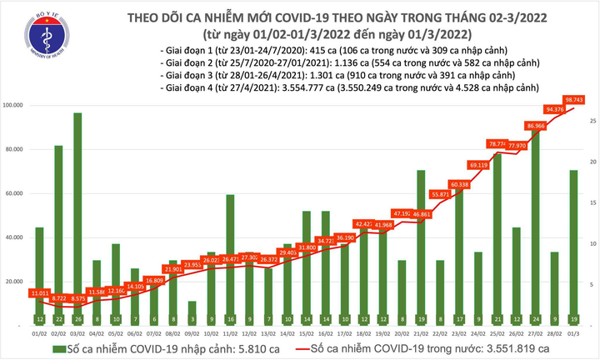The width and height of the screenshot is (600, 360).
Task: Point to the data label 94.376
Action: pyautogui.click(x=553, y=108)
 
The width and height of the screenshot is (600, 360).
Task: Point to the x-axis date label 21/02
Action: pyautogui.click(x=420, y=332)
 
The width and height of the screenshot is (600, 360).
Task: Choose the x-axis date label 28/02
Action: pyautogui.click(x=553, y=332)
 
